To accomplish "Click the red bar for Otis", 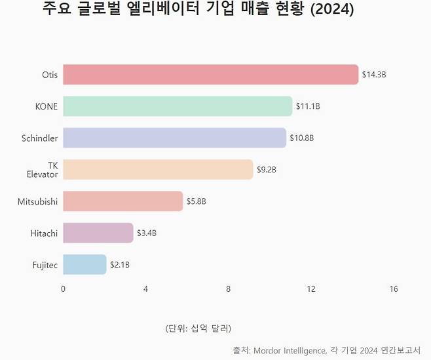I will [210, 74].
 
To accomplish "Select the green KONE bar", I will [178, 106].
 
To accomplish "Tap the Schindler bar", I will [174, 138].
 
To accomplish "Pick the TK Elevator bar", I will [158, 169].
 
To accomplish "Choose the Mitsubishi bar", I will [122, 201].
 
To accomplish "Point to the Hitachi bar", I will [98, 233].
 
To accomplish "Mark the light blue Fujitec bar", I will [84, 264].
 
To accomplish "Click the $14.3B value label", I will [374, 75].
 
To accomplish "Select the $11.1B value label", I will [308, 106].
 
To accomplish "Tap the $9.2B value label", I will [267, 170].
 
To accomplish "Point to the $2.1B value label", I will [120, 265].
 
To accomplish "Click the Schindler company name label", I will [39, 138].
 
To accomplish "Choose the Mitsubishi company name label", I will [37, 201].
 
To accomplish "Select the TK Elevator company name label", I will [43, 170].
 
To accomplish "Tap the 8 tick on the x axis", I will [228, 289].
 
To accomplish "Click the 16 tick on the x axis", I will [394, 289].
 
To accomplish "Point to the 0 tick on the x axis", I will [63, 289].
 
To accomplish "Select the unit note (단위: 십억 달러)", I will [198, 328].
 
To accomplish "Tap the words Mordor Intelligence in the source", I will [289, 350].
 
